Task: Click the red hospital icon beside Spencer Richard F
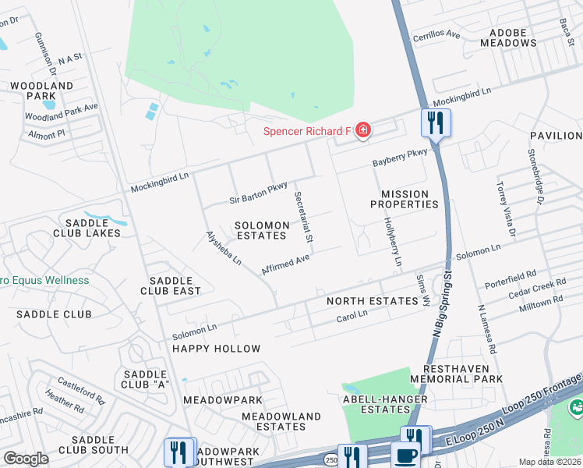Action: click(362, 130)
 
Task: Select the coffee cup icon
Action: click(405, 455)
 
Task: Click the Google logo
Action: click(25, 458)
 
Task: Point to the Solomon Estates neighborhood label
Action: click(263, 230)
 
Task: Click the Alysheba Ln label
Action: click(224, 249)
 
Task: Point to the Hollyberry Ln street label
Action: click(392, 241)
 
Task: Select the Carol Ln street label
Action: click(352, 316)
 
